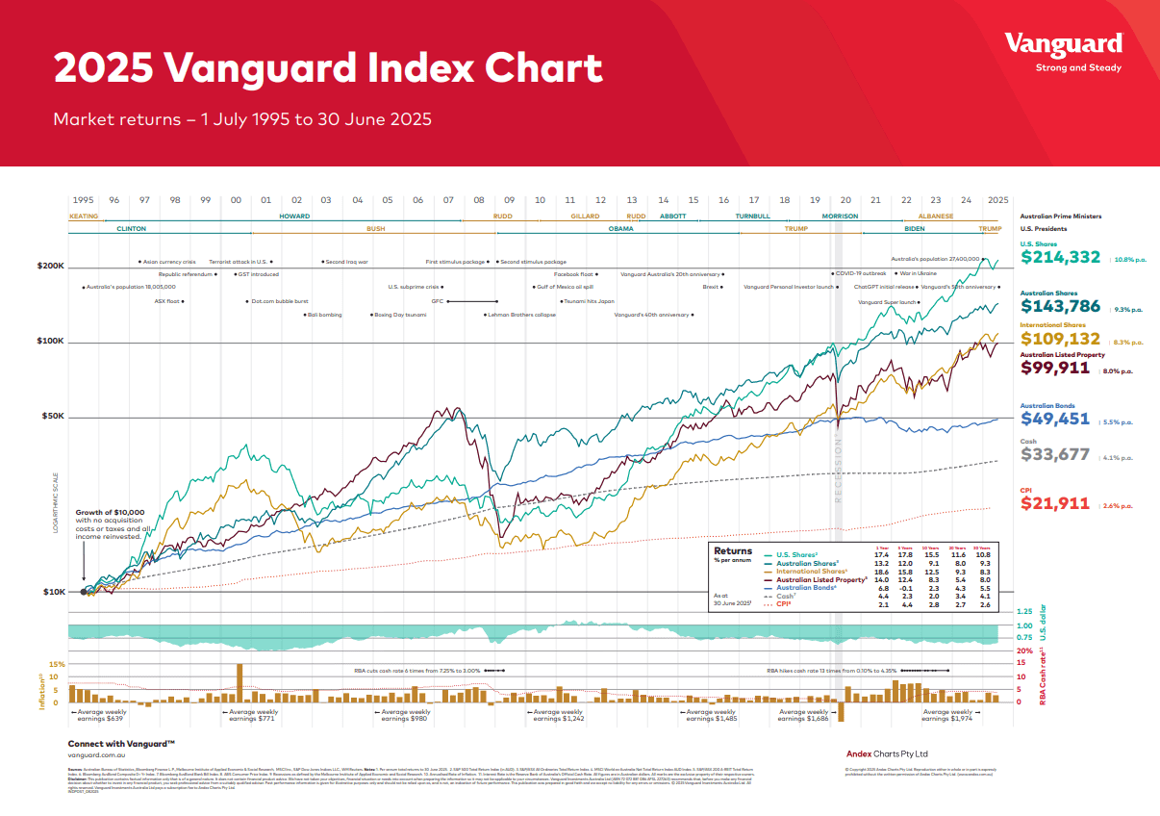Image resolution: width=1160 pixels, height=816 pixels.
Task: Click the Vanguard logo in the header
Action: point(1063,44)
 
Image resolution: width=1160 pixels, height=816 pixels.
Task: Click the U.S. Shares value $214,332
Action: point(1062,258)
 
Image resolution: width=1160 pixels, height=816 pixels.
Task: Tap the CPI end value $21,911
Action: point(1055,503)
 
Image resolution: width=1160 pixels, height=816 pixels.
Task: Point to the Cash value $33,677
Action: point(1055,454)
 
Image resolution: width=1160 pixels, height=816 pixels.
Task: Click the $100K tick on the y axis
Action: point(50,342)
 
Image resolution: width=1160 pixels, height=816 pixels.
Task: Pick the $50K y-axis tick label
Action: point(52,417)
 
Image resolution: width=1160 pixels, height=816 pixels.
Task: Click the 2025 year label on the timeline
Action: point(996,200)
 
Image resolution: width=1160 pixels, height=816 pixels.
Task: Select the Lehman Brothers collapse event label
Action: point(520,315)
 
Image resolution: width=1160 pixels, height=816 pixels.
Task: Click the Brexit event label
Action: point(712,287)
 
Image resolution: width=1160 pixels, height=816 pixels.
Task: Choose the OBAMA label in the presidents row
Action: point(621,230)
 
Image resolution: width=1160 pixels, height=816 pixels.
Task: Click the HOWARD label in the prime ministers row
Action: point(294,217)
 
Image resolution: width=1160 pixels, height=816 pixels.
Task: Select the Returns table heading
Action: point(733,551)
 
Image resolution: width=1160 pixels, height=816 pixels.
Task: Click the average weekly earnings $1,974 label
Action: point(947,715)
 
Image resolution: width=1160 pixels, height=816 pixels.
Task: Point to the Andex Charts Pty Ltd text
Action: point(887,753)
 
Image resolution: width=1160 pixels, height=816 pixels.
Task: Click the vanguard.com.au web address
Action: point(97,755)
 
